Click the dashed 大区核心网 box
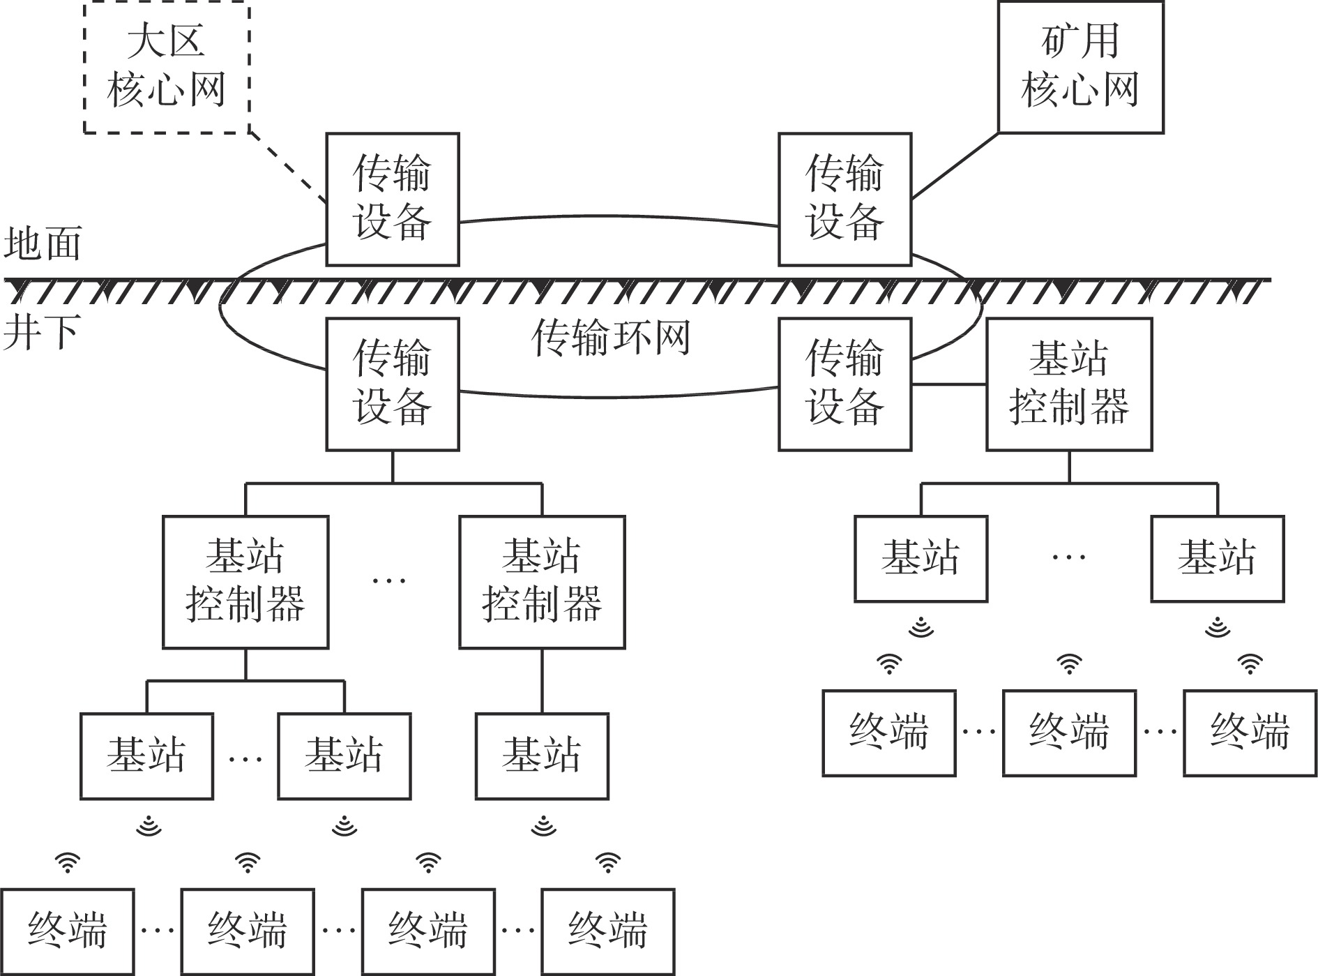[166, 66]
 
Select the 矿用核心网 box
[1080, 66]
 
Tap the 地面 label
[43, 243]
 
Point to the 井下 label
[42, 331]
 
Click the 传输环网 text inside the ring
[610, 338]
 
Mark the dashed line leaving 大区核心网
[287, 166]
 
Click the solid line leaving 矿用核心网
[955, 166]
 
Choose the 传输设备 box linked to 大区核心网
[392, 199]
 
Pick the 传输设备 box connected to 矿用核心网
[844, 199]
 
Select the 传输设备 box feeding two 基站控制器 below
[392, 384]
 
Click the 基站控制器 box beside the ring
[1068, 384]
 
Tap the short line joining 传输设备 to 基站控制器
[948, 384]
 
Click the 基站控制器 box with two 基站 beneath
[245, 582]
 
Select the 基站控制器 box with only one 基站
[542, 582]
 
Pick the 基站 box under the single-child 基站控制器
[542, 756]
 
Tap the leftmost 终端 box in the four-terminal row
[67, 931]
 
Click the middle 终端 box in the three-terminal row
[1069, 733]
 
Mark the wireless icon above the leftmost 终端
[67, 863]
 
